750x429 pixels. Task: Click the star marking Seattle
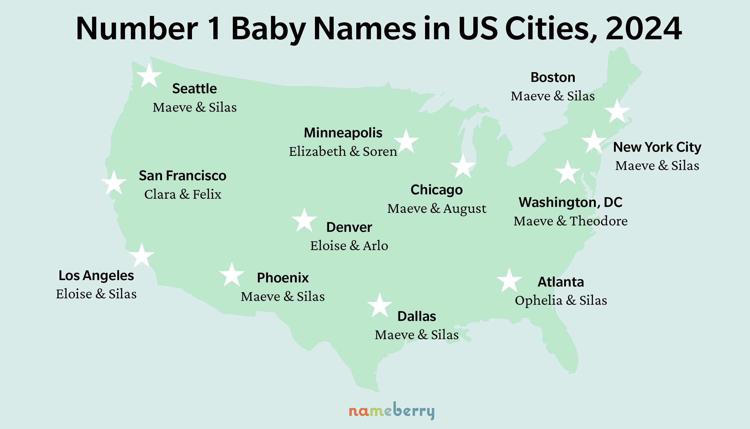click(149, 76)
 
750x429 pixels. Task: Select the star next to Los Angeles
click(142, 256)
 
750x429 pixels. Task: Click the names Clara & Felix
click(183, 194)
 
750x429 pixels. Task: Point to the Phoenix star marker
click(232, 275)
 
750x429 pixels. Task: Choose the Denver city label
click(349, 227)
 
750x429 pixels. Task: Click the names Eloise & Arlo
click(349, 246)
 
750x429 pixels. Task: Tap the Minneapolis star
click(406, 142)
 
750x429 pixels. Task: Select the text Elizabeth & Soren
click(343, 151)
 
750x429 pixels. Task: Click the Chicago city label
click(437, 190)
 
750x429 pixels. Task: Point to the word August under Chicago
click(465, 209)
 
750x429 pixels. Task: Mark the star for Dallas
click(380, 306)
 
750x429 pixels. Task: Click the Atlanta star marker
click(509, 281)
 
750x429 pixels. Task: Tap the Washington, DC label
click(570, 202)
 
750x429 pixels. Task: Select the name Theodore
click(599, 221)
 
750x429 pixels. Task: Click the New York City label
click(657, 147)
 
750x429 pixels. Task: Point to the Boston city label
click(553, 78)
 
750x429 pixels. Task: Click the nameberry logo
click(391, 411)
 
